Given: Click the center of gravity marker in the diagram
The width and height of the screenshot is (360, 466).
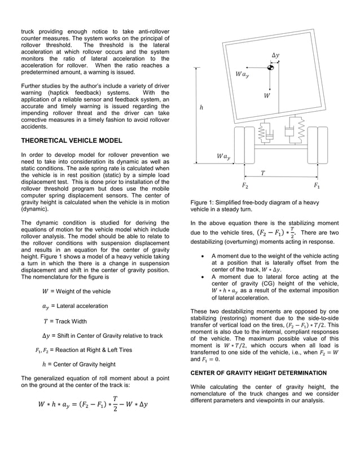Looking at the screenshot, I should [271, 68].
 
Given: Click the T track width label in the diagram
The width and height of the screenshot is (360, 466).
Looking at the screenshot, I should [262, 173].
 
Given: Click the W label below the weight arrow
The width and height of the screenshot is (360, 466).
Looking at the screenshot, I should [266, 96].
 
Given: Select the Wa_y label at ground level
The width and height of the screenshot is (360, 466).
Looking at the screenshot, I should [223, 156].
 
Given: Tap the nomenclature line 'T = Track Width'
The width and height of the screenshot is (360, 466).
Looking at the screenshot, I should [65, 321].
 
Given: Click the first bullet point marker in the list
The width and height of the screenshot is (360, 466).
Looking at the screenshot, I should [203, 256].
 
